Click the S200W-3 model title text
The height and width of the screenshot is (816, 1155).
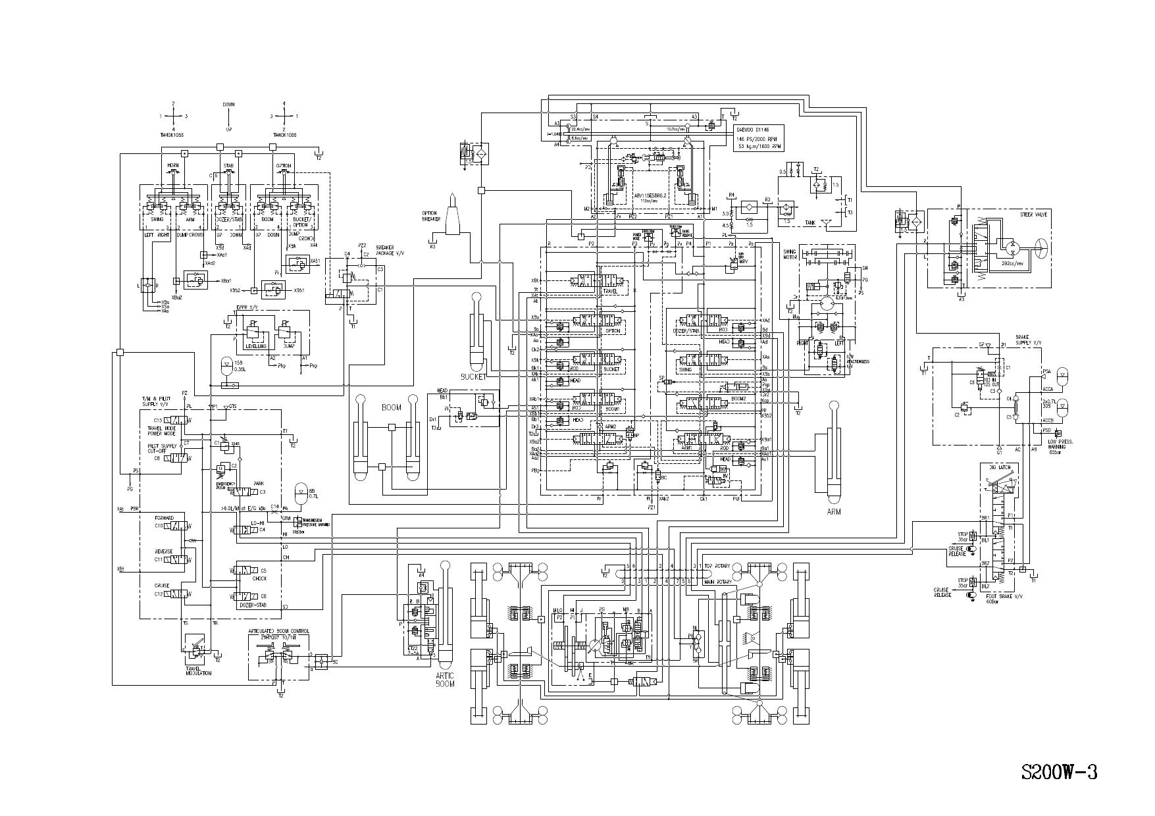tap(1059, 771)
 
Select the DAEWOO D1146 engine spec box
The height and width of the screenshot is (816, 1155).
tap(759, 138)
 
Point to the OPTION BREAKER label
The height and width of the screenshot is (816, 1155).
tap(430, 217)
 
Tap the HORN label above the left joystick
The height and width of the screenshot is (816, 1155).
tap(172, 165)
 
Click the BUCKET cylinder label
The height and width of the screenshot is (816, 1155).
tap(474, 377)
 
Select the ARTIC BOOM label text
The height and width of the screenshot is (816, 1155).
tap(446, 680)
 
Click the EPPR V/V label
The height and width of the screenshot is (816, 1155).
tap(247, 307)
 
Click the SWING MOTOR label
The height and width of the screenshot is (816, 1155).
tap(790, 254)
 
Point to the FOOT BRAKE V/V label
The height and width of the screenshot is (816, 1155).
tap(1000, 597)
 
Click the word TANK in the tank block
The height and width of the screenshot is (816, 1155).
tap(810, 222)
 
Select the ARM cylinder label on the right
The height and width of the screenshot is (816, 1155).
tap(834, 511)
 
